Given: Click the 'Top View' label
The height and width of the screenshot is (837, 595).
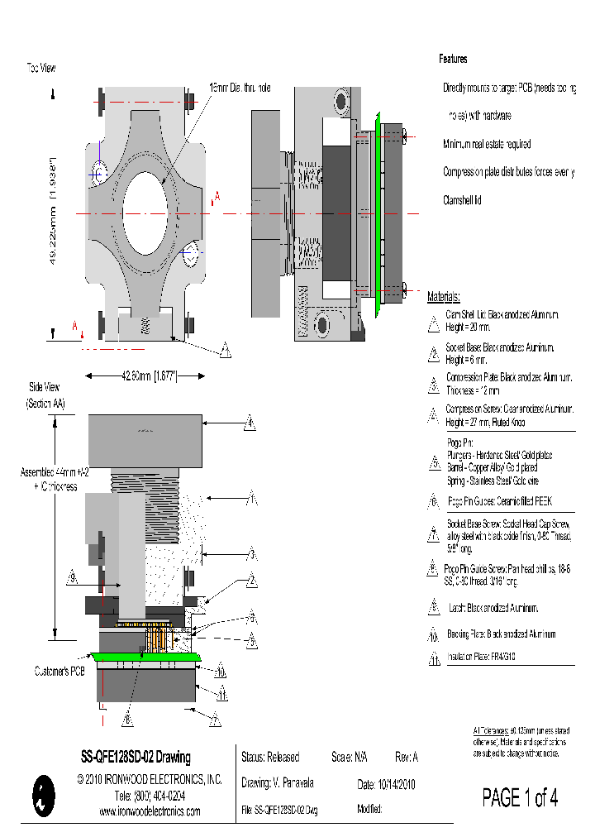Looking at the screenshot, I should coord(40,67).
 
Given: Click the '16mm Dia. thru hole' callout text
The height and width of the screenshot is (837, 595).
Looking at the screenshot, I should coord(239,88).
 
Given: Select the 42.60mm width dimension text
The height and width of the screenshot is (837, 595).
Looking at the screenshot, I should coord(144,376).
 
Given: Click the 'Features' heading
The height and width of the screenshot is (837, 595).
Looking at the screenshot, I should coord(453,60).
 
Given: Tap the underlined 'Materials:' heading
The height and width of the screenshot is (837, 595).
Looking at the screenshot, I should coord(444,297).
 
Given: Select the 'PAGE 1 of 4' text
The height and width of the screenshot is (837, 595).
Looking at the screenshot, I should coord(520,798).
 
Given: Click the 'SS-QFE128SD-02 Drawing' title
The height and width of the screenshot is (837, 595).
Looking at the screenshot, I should coord(135,758).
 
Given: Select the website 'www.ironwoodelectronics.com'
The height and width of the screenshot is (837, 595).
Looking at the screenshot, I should coord(150,811).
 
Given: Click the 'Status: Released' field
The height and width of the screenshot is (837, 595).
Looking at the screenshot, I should coord(270,758).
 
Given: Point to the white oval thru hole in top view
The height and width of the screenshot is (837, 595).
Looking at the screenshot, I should coord(145,212).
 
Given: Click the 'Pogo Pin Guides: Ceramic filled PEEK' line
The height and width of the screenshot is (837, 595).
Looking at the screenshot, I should coord(499,501).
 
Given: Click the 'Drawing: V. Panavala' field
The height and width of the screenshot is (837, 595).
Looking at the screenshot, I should coord(278,783).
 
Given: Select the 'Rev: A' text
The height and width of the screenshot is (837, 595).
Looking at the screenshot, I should coord(407,758).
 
